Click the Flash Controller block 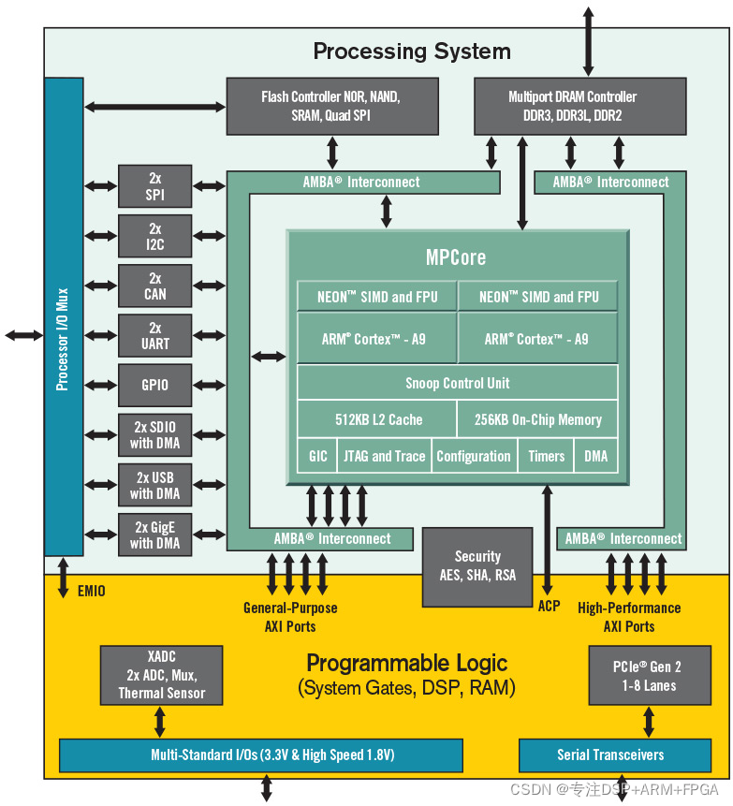[x=332, y=107]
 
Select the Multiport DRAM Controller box [x=572, y=107]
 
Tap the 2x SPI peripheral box [x=155, y=186]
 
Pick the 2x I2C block [x=155, y=237]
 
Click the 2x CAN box [x=155, y=286]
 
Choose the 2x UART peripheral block [x=155, y=336]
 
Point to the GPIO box [x=155, y=385]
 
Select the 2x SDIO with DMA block [x=155, y=435]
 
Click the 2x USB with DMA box [x=155, y=485]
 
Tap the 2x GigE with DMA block [x=155, y=535]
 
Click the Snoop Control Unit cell [x=457, y=383]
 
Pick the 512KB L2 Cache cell [x=378, y=419]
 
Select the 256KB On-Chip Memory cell [x=537, y=419]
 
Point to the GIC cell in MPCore [x=318, y=456]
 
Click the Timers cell [x=546, y=456]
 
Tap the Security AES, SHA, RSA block [x=477, y=565]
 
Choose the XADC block [x=161, y=676]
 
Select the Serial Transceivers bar [x=610, y=755]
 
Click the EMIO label [x=91, y=591]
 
